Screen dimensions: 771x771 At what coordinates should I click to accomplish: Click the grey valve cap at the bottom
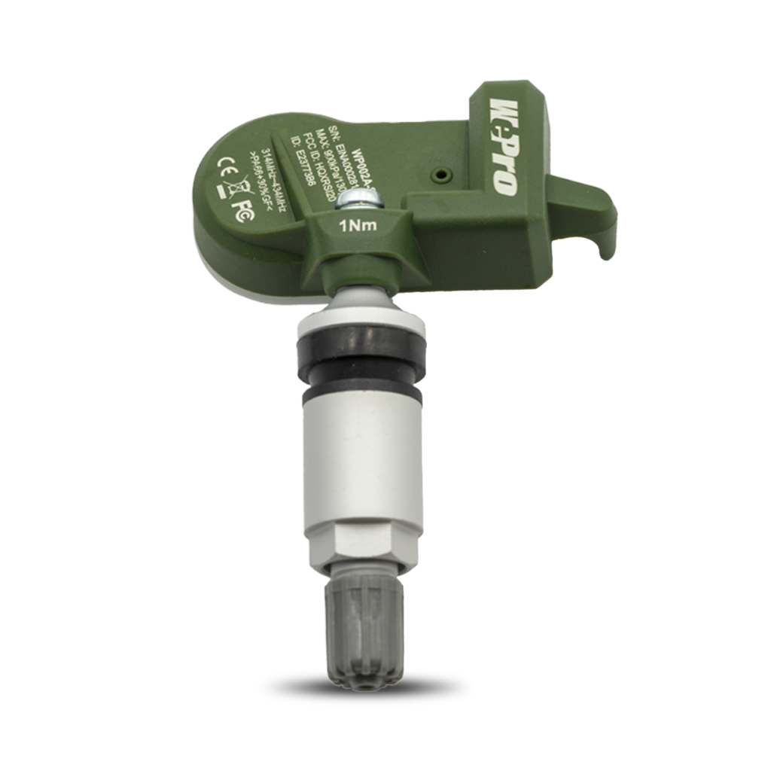tap(364, 632)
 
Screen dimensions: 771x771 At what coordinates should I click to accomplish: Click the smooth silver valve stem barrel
tap(362, 459)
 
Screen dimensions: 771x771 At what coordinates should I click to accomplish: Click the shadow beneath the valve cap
tap(364, 687)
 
